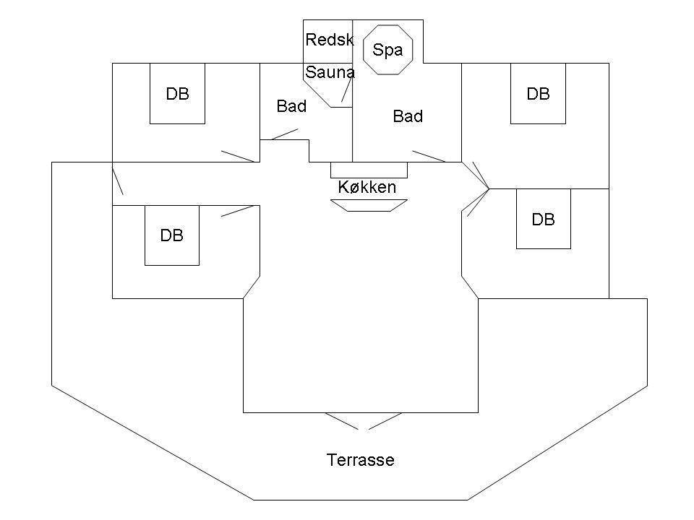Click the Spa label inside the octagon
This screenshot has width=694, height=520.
pos(387,50)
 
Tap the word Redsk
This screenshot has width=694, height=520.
pos(330,40)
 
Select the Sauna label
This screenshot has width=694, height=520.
pos(330,72)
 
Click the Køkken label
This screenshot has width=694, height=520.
pos(367,187)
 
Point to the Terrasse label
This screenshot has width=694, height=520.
pos(360,460)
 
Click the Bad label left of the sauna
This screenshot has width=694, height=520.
pos(291,106)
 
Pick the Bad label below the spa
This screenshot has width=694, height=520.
pos(408,116)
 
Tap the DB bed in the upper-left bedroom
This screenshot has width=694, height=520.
pos(178,93)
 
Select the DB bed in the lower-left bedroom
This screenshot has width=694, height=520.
pos(172,235)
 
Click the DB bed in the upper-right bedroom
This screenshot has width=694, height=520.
pos(538,93)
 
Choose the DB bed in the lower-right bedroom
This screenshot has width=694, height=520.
pos(544,219)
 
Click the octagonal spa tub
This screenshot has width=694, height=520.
pos(387,50)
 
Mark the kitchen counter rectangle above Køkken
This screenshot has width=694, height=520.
pos(369,170)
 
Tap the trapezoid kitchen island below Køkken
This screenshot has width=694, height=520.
pos(369,206)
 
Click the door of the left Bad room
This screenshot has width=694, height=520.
pos(285,134)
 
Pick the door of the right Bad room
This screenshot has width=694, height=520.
pos(429,156)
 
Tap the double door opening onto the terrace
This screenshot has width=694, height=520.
pos(364,421)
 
